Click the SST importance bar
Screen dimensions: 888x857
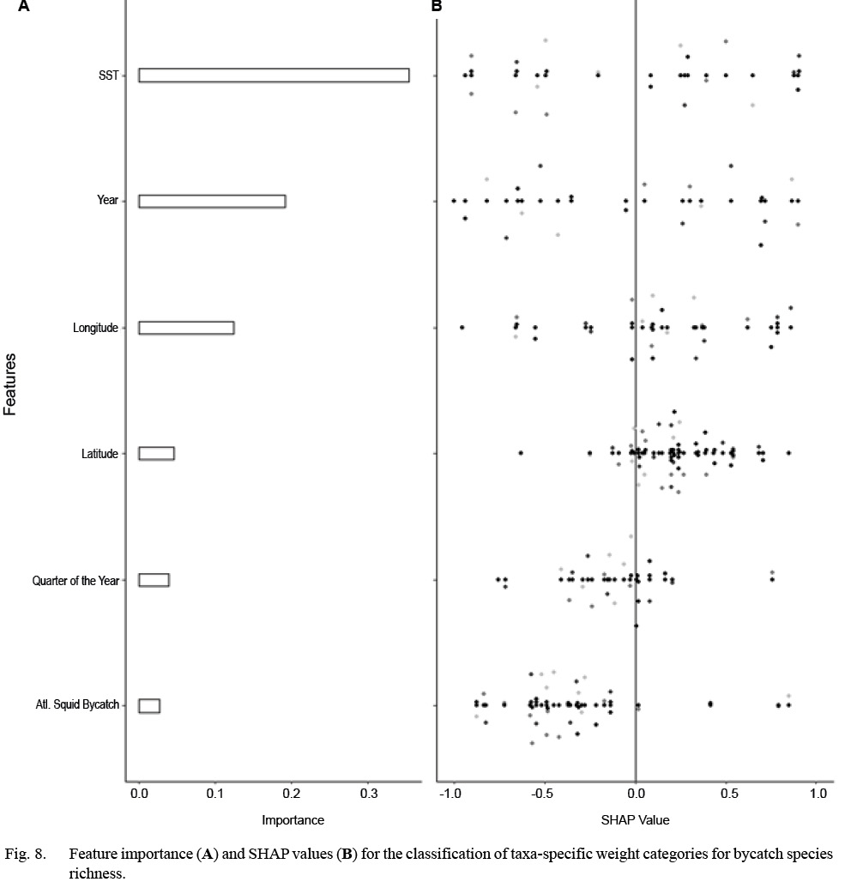274,76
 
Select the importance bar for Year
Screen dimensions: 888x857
212,201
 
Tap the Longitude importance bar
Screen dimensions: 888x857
186,328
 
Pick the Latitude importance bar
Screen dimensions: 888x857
156,453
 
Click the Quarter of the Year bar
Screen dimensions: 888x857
154,580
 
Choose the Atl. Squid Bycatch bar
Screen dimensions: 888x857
149,705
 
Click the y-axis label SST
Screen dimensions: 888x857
108,76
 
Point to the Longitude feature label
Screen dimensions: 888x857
96,328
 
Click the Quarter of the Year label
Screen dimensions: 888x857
75,580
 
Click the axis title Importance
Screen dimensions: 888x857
293,820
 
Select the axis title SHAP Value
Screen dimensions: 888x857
636,820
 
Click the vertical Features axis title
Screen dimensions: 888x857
11,385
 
